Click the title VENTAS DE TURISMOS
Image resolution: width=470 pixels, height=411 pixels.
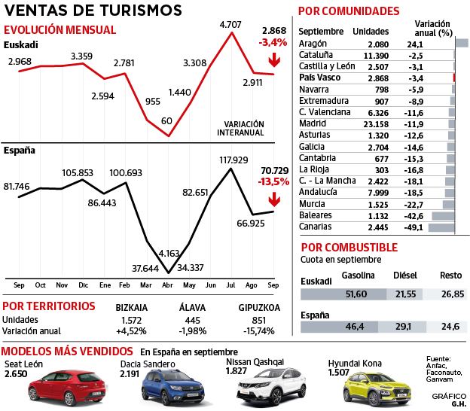pos(93,11)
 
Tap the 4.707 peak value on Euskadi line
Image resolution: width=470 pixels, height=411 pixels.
pos(230,25)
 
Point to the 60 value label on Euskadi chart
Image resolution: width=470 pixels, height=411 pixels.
pos(166,120)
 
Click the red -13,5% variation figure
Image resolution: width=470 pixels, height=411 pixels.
pos(274,181)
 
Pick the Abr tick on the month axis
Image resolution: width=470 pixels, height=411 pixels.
pos(168,285)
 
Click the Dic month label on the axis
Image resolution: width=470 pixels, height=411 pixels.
pos(83,285)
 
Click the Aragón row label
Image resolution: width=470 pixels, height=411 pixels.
pos(313,44)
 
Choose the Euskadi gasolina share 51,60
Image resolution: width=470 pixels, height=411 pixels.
pos(354,293)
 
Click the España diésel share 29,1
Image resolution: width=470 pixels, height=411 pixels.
pos(404,327)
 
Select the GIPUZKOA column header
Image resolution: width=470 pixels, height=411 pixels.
pos(258,307)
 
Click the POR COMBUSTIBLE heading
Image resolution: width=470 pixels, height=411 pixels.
pos(349,247)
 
